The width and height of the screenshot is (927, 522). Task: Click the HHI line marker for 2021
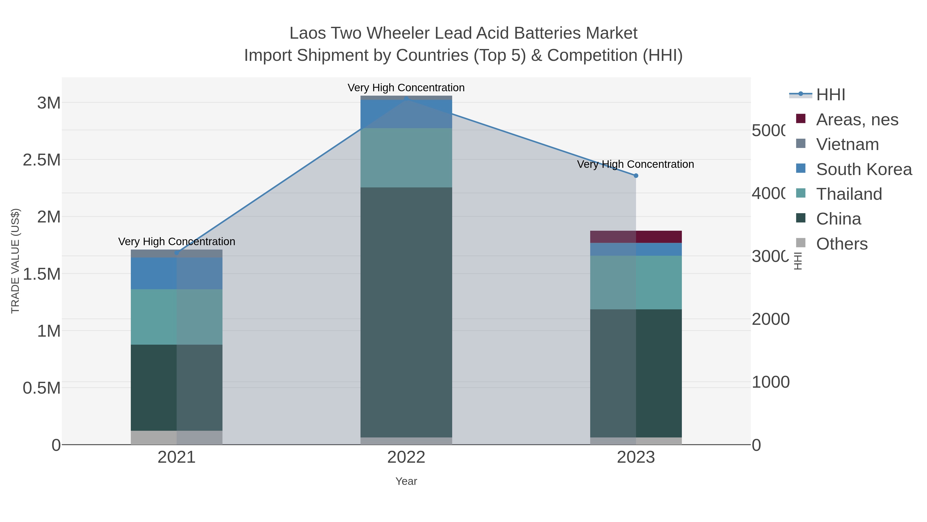pos(177,253)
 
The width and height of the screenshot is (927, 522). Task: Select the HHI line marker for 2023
pos(636,176)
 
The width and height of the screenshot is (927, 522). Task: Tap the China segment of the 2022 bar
pos(406,312)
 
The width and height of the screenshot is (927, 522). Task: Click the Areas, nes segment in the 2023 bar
pos(636,237)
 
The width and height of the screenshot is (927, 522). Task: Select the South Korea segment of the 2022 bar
pos(406,114)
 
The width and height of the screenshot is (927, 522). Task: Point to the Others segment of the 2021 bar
pos(177,437)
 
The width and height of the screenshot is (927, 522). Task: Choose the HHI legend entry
pos(830,95)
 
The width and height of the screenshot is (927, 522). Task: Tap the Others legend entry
pos(841,244)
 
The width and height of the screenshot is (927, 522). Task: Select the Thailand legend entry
pos(848,194)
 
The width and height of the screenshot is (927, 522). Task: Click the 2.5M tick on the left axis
pos(42,160)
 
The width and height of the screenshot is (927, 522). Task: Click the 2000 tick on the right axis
pos(770,319)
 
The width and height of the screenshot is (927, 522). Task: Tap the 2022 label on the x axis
pos(406,458)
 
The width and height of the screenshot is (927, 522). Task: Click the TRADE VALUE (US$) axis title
pos(15,261)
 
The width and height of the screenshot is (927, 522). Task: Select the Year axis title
pos(406,481)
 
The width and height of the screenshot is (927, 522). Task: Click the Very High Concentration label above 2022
pos(406,88)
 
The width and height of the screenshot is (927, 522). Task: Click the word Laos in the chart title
pos(308,33)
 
